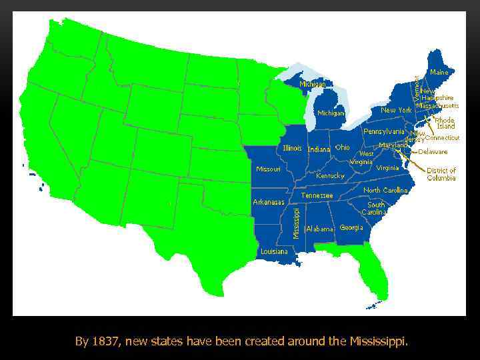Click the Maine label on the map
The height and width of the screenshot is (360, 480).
pos(439,71)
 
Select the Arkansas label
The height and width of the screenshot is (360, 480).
pos(269,201)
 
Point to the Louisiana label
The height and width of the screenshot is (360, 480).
pos(274,251)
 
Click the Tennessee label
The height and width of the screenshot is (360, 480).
pos(317,196)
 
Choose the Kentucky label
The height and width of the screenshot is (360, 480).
pos(329,176)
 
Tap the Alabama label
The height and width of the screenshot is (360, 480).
pos(319,229)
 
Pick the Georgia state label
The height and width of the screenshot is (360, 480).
pos(351,227)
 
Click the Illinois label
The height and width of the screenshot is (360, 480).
pos(293,148)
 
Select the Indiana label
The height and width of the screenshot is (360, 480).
pos(319,149)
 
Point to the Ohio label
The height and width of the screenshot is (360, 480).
pos(342,147)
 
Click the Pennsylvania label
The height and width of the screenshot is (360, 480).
pos(384,131)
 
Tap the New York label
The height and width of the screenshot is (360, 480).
pos(396,110)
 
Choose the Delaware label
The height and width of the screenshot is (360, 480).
pos(433,151)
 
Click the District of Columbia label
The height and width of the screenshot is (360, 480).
pos(441,174)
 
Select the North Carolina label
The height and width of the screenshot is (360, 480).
pos(385,191)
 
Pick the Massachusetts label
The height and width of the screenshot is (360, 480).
pos(437,105)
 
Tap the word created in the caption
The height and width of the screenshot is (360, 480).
pos(264,342)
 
